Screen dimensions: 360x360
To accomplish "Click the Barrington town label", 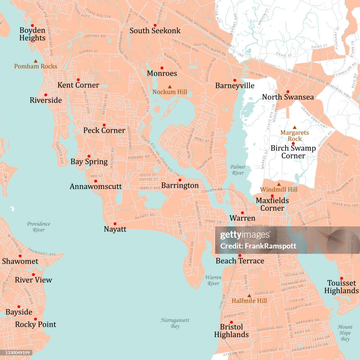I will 180,186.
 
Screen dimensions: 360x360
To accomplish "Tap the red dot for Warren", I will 242,213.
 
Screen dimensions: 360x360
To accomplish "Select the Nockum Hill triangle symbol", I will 170,86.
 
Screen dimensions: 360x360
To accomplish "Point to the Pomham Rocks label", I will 36,66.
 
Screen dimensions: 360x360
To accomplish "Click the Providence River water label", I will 38,227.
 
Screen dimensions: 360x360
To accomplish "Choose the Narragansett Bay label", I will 175,323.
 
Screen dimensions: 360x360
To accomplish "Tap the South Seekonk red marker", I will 155,25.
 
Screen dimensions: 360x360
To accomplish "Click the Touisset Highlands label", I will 341,287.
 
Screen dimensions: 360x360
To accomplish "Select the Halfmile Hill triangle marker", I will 249,296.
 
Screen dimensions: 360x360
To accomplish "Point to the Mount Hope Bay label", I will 345,333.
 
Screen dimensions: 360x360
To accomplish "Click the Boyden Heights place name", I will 32,34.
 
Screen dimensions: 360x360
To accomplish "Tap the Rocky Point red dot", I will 36,319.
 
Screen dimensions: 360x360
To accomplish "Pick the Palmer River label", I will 238,170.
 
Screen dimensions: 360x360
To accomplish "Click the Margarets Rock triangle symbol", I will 295,127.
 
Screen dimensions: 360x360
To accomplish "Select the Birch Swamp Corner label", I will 293,152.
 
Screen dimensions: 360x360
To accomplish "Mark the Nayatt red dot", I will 115,224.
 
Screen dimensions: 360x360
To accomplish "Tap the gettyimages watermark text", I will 245,235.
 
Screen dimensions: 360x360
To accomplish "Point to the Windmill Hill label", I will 279,189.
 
